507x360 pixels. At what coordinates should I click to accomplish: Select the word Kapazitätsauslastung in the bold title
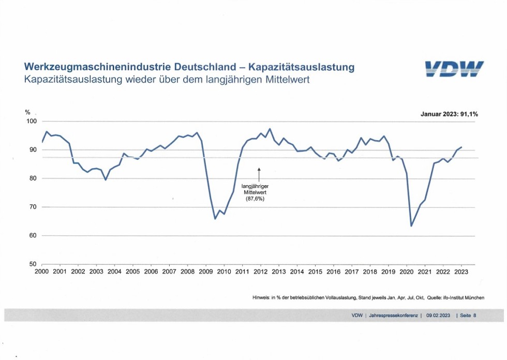point(302,68)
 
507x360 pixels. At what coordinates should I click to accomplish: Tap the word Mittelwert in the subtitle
point(287,81)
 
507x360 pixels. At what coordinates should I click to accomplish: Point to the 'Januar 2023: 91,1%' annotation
point(449,114)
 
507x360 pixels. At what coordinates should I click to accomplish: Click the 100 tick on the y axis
point(32,122)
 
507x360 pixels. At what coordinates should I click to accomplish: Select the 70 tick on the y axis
point(34,207)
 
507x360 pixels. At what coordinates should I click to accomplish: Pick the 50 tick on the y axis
point(34,264)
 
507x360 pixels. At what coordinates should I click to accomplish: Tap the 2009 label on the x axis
point(205,272)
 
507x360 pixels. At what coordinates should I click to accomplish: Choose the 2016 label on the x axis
point(334,272)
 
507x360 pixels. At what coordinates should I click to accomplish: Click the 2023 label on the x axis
point(461,272)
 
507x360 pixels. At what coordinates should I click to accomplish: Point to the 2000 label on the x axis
point(41,272)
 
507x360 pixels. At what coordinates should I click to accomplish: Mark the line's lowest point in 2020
point(411,226)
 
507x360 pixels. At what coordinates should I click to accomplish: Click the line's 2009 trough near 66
point(215,219)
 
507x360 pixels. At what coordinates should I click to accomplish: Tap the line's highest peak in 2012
point(270,129)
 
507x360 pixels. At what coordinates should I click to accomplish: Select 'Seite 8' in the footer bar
point(467,315)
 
